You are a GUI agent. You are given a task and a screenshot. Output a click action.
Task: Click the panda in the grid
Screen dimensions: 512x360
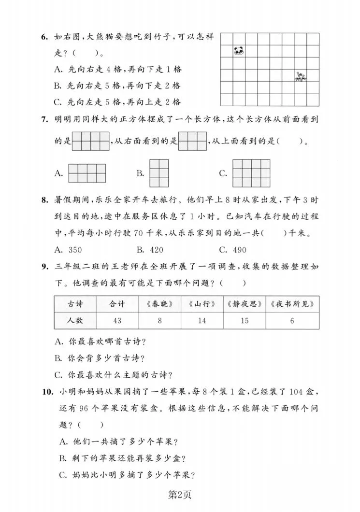239,50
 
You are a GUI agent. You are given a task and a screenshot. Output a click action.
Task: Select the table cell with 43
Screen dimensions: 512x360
117,320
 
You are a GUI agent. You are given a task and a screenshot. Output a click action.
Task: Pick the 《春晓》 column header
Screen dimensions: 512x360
159,304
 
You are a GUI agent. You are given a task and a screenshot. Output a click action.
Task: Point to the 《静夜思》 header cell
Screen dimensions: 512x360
244,304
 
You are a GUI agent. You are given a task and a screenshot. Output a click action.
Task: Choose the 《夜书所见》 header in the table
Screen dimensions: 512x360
293,304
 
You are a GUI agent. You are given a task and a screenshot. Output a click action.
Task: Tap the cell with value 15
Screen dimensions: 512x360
244,320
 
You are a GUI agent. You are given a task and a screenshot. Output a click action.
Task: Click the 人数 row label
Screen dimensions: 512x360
75,320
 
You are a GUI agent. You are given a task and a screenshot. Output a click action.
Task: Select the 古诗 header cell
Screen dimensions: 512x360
75,304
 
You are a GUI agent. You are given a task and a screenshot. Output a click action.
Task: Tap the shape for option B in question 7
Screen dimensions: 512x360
159,173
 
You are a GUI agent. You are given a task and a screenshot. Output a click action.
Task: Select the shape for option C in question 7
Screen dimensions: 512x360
251,173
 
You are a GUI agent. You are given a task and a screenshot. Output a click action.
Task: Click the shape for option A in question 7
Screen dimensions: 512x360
87,173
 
